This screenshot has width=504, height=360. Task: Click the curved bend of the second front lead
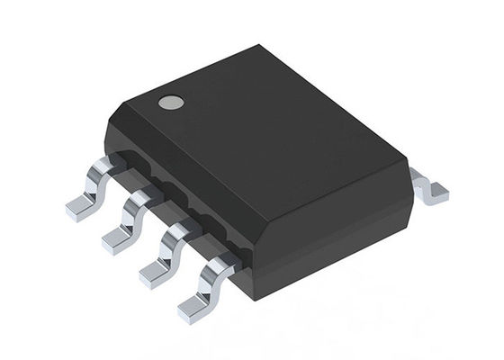point(132,203)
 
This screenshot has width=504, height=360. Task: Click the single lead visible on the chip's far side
point(429,186)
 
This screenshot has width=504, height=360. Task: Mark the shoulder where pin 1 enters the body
point(113,163)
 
